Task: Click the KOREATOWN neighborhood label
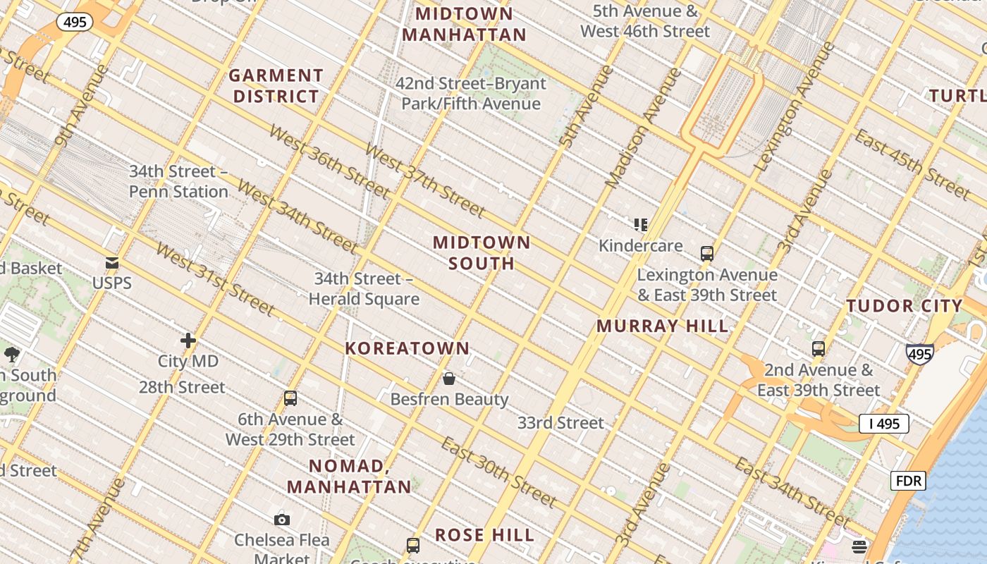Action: tap(407, 348)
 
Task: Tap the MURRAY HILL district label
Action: tap(662, 326)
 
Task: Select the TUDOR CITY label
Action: tap(904, 306)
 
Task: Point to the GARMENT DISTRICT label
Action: tap(276, 86)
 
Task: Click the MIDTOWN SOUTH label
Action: tap(482, 253)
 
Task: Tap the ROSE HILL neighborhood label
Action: tap(484, 535)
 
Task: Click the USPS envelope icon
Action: tap(112, 263)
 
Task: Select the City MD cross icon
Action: tap(188, 341)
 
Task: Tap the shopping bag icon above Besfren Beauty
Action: tap(449, 379)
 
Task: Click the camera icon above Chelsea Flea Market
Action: tap(282, 520)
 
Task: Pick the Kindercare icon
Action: tap(640, 225)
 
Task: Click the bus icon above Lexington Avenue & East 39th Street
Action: tap(707, 254)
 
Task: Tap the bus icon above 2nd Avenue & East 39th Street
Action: tap(819, 349)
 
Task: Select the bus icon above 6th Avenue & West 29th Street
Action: tap(290, 398)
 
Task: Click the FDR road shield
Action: tap(908, 481)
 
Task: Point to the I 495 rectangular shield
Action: tap(884, 424)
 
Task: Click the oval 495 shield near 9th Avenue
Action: tap(75, 22)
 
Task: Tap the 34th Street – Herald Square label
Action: tap(364, 289)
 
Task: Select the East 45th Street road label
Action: tap(912, 164)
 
